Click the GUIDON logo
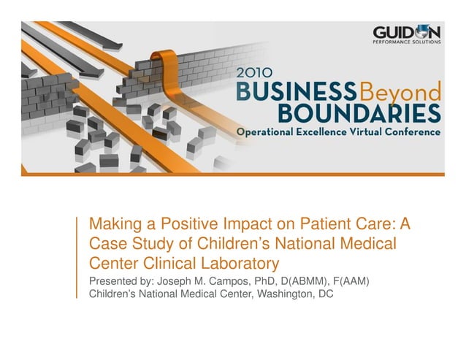pyautogui.click(x=407, y=33)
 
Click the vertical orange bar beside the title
pyautogui.click(x=77, y=257)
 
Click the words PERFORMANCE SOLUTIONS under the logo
pyautogui.click(x=407, y=43)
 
